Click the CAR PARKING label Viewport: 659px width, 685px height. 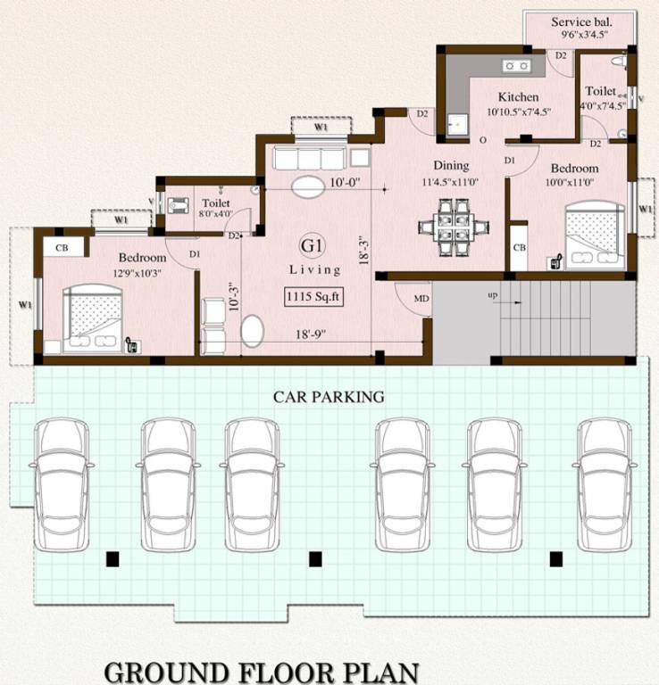(x=329, y=396)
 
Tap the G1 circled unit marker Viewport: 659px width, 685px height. (x=313, y=246)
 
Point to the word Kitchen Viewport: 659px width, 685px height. (x=518, y=96)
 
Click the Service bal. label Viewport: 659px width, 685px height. (x=580, y=22)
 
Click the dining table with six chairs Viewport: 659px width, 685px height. (x=448, y=223)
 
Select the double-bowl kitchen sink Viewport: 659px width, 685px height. (x=516, y=65)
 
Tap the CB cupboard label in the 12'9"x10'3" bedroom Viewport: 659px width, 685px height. (x=62, y=247)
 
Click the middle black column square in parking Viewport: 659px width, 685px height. (x=314, y=559)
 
